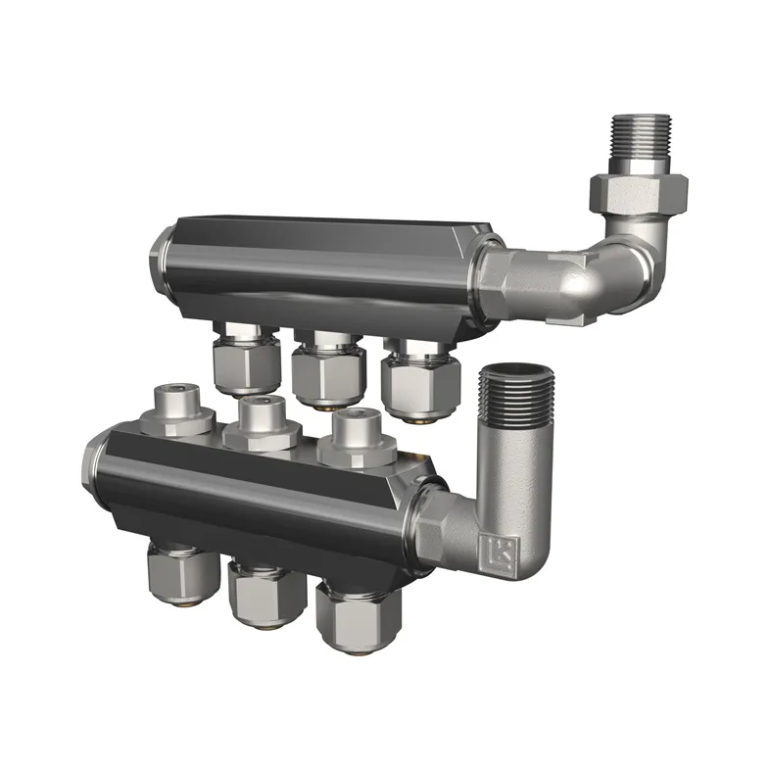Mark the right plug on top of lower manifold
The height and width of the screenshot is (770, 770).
(x=354, y=437)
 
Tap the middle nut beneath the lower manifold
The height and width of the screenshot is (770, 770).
(x=263, y=594)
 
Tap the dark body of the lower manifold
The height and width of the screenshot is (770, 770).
(x=245, y=490)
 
